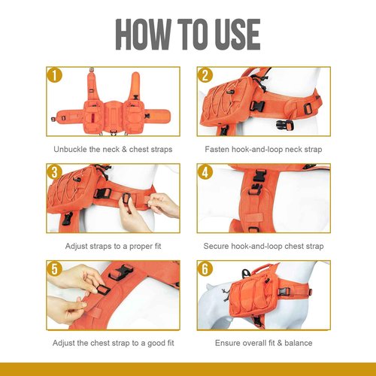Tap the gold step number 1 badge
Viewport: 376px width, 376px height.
pyautogui.click(x=54, y=76)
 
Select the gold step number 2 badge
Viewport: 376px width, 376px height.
pyautogui.click(x=205, y=76)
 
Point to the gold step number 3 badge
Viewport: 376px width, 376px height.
pyautogui.click(x=54, y=172)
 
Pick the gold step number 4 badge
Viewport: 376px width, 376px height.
pyautogui.click(x=205, y=172)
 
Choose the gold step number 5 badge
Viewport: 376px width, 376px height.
pyautogui.click(x=54, y=269)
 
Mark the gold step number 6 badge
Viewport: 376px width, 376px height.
pyautogui.click(x=205, y=269)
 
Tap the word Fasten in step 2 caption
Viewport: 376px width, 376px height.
pyautogui.click(x=217, y=150)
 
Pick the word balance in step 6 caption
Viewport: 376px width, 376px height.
pyautogui.click(x=299, y=343)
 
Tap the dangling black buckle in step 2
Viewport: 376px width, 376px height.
pyautogui.click(x=285, y=126)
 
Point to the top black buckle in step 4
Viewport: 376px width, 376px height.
pyautogui.click(x=259, y=176)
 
